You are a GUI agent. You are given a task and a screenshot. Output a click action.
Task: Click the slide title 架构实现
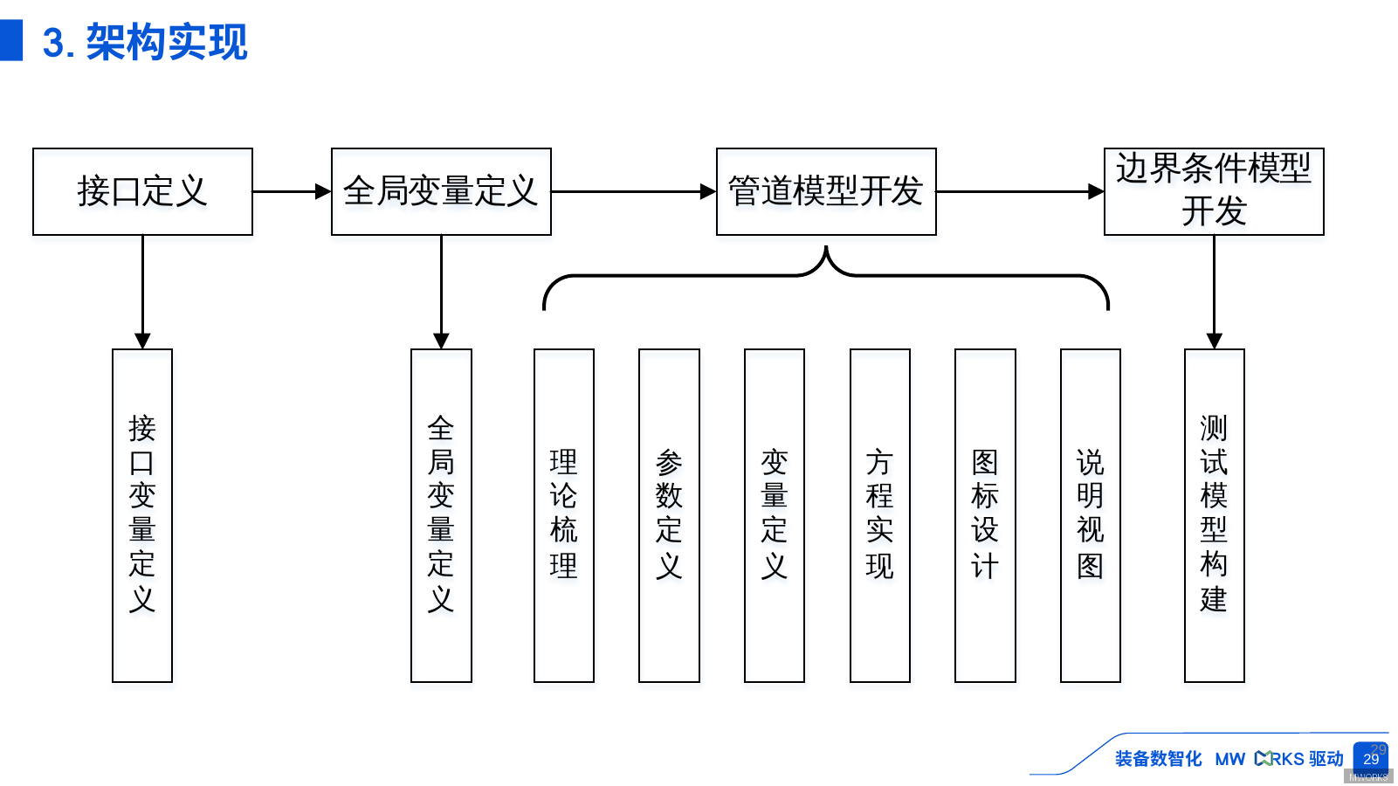point(166,42)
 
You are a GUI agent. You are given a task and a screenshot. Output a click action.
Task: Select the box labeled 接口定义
point(142,191)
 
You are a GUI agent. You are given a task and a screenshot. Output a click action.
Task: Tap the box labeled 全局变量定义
point(441,191)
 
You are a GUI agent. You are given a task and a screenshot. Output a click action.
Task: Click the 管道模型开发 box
point(826,191)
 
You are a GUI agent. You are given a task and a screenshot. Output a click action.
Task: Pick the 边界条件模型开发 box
point(1214,191)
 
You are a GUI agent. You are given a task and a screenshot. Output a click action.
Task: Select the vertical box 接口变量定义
point(142,515)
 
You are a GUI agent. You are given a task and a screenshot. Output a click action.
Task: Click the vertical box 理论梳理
point(564,515)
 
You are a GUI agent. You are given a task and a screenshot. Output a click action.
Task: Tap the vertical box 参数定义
point(669,515)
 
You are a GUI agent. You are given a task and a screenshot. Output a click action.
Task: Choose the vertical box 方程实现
point(880,515)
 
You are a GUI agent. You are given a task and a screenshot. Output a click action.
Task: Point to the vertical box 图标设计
point(985,515)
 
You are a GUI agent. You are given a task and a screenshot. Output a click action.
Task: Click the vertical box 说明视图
point(1091,515)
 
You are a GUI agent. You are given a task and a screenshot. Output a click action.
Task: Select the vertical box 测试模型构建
point(1214,515)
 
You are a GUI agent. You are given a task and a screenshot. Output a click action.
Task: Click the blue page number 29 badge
point(1371,758)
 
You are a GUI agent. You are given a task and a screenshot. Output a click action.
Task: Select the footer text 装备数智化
point(1158,759)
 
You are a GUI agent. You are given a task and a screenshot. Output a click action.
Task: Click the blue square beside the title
point(11,40)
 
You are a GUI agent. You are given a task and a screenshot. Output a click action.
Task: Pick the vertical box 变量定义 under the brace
point(775,515)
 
